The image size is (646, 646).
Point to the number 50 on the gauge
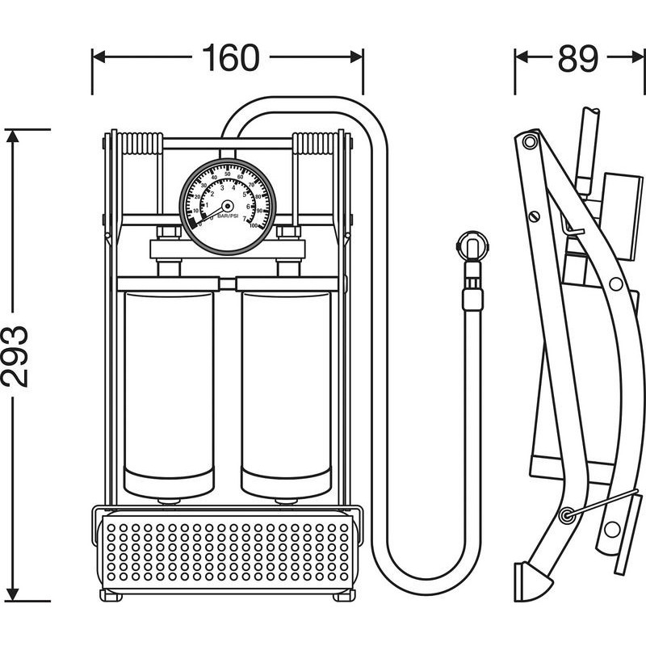(x=228, y=174)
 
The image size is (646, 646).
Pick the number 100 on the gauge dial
(x=254, y=226)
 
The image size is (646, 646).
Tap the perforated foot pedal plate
(x=228, y=552)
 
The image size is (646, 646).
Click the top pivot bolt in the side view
(x=530, y=143)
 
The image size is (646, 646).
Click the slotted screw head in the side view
(x=533, y=216)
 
